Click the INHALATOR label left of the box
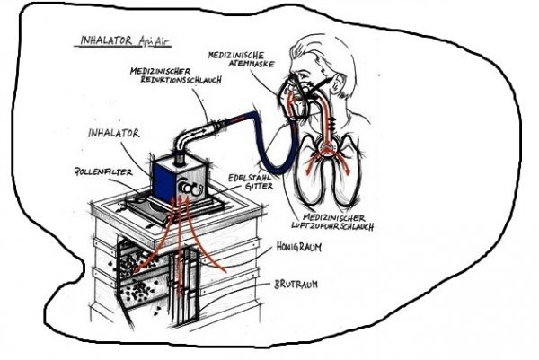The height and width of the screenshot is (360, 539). pos(113,135)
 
